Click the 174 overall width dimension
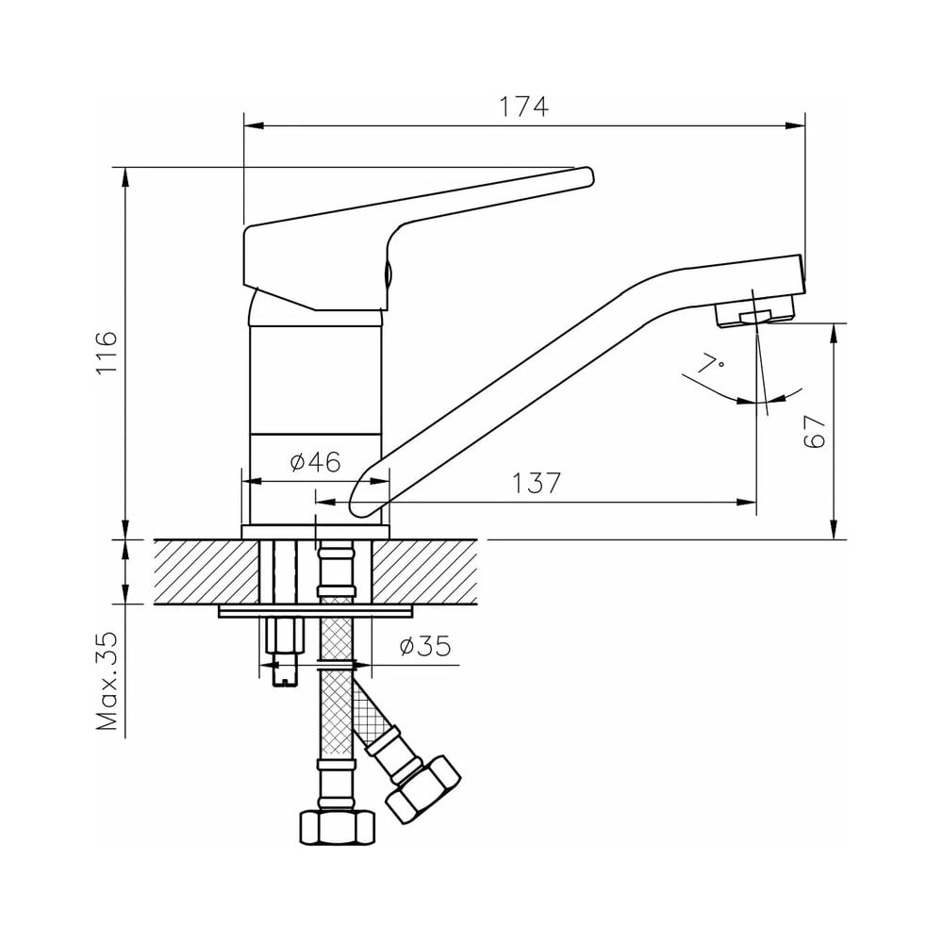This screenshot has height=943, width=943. (x=524, y=107)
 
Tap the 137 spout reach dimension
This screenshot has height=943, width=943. (x=537, y=482)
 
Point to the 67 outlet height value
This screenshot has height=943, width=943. (x=815, y=431)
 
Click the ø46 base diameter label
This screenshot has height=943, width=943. (x=315, y=462)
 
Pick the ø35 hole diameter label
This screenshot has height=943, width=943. (x=425, y=647)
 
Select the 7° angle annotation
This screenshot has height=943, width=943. (x=711, y=365)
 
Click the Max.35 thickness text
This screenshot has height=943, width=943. (x=108, y=681)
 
